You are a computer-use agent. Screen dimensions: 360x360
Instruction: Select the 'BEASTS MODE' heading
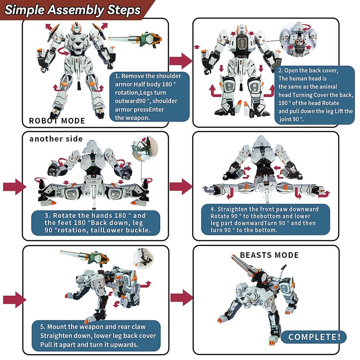tap(269, 255)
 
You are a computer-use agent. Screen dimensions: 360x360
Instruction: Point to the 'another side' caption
tap(56, 139)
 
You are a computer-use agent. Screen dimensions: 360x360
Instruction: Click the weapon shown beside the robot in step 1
tap(136, 40)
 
